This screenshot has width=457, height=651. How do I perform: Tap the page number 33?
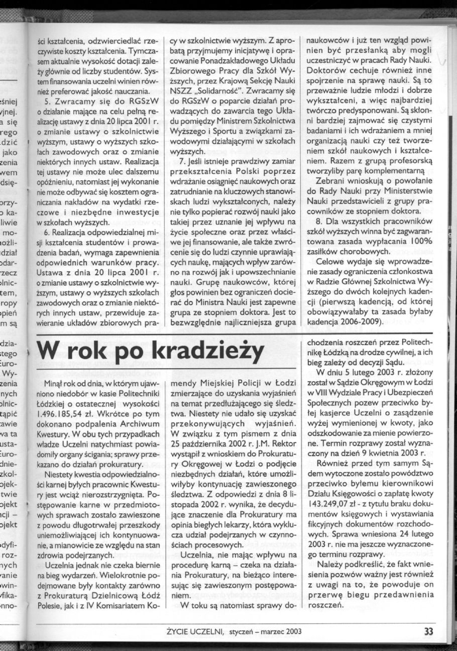coord(428,631)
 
